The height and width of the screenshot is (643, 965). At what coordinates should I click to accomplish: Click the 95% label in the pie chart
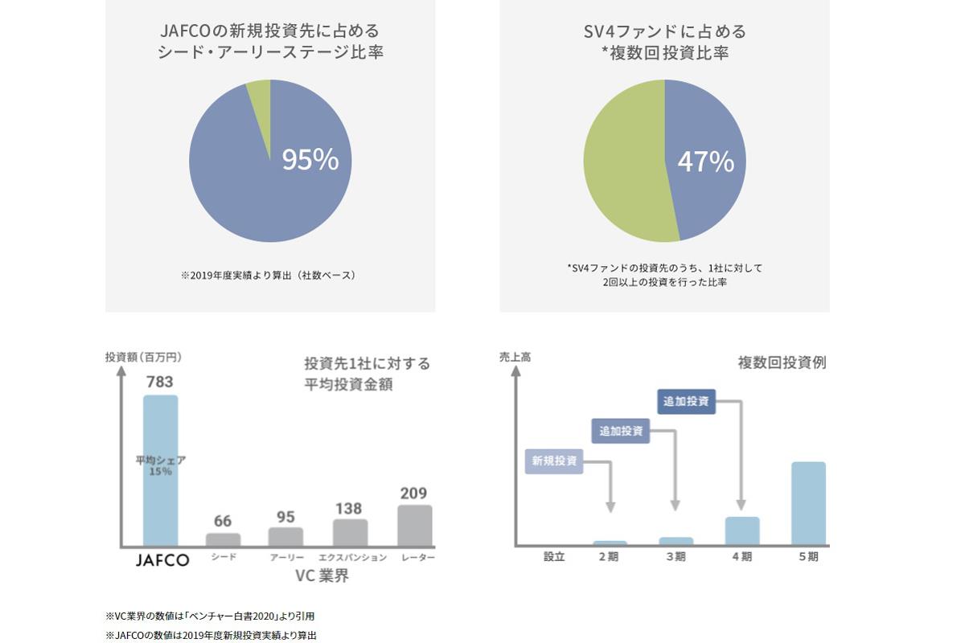pos(310,160)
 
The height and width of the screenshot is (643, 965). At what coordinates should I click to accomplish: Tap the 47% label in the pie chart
pos(705,162)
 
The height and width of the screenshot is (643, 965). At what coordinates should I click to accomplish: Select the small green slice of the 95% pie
pos(260,97)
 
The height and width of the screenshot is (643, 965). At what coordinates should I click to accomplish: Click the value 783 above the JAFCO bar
pos(159,382)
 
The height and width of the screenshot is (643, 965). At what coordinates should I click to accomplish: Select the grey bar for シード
pos(223,539)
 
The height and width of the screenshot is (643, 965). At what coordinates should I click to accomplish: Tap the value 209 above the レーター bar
pos(413,493)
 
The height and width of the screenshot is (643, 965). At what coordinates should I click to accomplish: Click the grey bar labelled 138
pos(350,532)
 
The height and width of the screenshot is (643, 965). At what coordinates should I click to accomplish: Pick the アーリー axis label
pos(285,557)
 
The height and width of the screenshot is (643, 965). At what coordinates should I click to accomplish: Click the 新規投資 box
pos(554,461)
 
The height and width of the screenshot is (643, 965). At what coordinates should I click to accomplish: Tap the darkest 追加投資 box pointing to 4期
pos(686,401)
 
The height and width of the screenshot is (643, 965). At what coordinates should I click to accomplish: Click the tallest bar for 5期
pos(808,503)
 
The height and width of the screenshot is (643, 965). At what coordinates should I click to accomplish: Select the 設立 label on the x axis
pos(554,556)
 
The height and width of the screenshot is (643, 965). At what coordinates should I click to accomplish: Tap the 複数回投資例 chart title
pos(782,362)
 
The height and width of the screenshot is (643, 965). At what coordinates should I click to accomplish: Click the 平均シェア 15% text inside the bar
pos(160,465)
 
